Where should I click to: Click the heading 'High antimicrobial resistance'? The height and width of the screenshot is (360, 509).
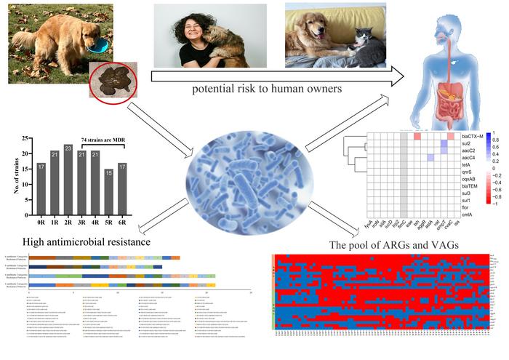point(76,241)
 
